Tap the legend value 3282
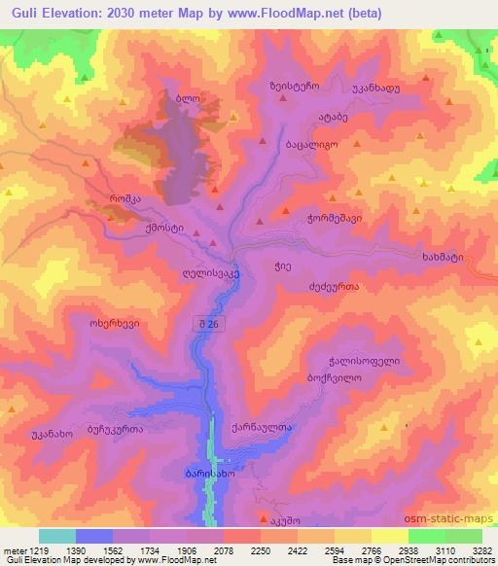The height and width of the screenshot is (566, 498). tap(481, 550)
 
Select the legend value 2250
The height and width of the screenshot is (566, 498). tap(260, 550)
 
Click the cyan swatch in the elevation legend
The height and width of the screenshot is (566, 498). tap(57, 536)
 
